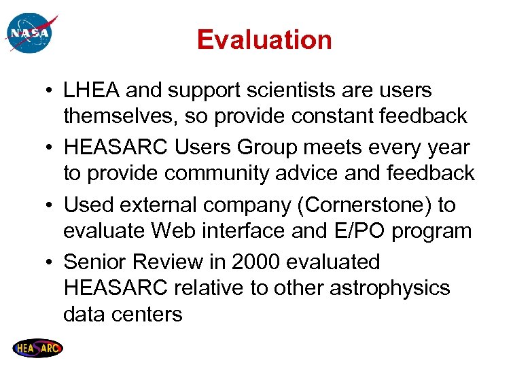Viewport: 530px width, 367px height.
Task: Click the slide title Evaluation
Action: pos(264,40)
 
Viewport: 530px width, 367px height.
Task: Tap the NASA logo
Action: pos(29,33)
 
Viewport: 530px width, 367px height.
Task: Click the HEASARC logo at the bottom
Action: pos(38,348)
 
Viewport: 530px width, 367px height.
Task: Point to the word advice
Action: pos(306,173)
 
